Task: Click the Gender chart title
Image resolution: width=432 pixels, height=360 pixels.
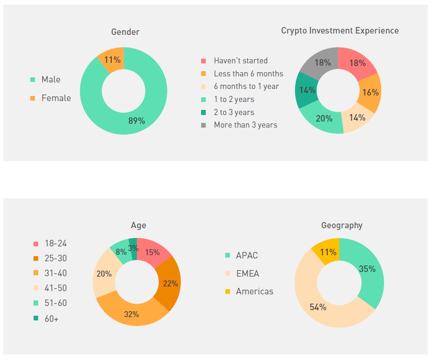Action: [125, 32]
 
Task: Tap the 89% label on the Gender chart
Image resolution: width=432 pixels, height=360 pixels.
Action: [136, 121]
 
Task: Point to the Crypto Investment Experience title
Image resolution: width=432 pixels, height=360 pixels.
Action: [340, 31]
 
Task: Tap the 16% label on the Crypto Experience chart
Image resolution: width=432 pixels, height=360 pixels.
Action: [370, 92]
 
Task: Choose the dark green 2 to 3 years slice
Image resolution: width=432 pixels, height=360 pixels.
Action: [307, 90]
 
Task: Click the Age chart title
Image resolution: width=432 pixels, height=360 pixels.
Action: [138, 225]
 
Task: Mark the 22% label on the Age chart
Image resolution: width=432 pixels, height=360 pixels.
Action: [170, 283]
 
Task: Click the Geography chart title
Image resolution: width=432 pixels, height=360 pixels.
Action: [342, 225]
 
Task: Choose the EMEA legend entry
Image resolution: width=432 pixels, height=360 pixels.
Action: [247, 273]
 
